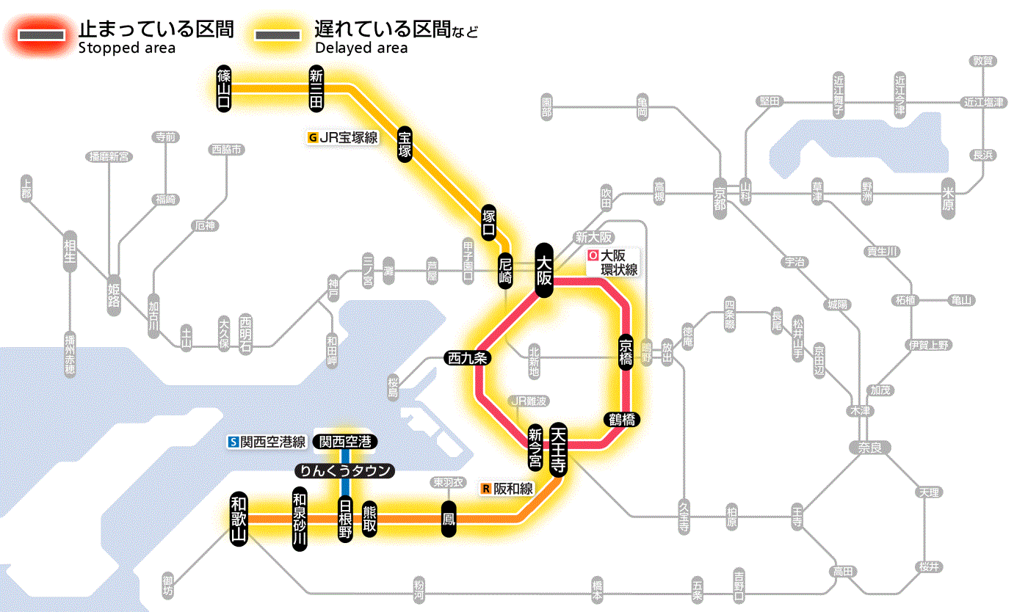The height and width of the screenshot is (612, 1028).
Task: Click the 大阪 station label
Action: (x=544, y=270)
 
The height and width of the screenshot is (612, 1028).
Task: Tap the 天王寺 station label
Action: (x=558, y=450)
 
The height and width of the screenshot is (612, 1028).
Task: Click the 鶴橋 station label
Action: (x=623, y=420)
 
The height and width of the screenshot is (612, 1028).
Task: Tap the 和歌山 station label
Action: (x=239, y=517)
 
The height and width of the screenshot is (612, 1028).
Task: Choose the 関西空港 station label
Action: (x=345, y=442)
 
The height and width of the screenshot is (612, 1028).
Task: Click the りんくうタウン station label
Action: (x=344, y=471)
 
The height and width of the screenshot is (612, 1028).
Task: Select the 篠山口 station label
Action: (x=224, y=88)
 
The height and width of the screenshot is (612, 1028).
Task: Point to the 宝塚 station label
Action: (x=405, y=144)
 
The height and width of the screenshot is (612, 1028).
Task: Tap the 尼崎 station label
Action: (x=505, y=271)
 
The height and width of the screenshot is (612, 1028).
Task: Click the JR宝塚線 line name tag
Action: (x=343, y=136)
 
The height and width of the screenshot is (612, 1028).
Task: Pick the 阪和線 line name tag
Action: (x=507, y=489)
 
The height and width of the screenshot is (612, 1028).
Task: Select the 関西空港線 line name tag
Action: (x=267, y=442)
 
